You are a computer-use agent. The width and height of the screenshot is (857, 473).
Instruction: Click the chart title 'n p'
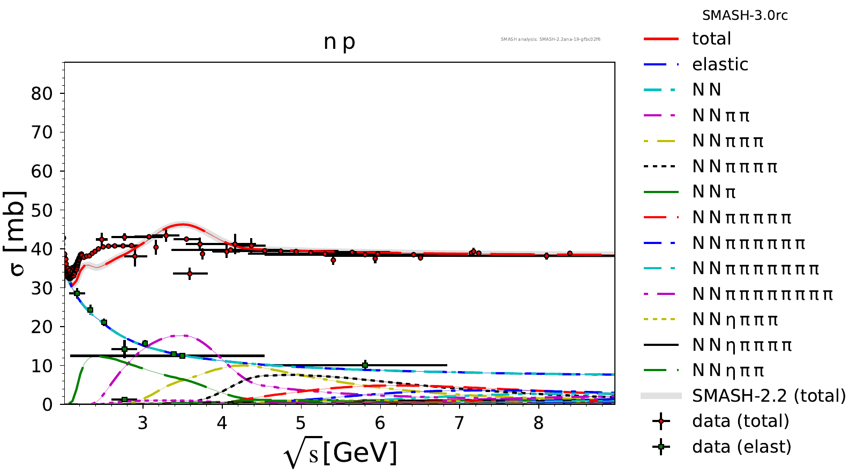click(339, 42)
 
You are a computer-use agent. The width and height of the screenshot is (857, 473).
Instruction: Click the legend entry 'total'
click(711, 39)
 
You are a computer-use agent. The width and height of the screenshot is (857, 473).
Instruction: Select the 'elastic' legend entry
click(720, 64)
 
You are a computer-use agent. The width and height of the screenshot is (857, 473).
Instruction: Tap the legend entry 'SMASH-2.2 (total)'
click(769, 396)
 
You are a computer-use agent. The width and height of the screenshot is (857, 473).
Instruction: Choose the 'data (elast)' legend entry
click(741, 447)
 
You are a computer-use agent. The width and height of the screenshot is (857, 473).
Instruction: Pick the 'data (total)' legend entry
click(740, 421)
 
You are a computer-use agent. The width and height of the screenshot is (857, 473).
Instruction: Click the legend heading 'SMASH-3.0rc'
click(745, 16)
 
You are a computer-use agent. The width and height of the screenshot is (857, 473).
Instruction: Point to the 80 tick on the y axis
click(42, 94)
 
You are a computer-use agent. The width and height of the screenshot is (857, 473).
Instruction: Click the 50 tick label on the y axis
click(42, 210)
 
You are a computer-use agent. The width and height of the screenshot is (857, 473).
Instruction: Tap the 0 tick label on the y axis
click(48, 405)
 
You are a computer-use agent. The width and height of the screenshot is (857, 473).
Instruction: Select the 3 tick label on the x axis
click(142, 424)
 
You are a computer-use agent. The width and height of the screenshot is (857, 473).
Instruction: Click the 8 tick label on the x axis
click(538, 424)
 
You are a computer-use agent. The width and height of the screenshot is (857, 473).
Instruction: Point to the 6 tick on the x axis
click(380, 424)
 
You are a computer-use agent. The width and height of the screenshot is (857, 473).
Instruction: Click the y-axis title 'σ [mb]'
click(17, 233)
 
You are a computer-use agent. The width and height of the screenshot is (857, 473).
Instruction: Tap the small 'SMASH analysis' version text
click(550, 39)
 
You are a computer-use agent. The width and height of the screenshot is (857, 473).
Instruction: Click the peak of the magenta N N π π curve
click(185, 336)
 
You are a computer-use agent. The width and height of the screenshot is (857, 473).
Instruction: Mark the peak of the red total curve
click(183, 224)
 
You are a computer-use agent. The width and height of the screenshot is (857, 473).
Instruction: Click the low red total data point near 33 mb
click(190, 274)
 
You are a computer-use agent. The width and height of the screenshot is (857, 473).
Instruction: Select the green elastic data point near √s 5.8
click(365, 365)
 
